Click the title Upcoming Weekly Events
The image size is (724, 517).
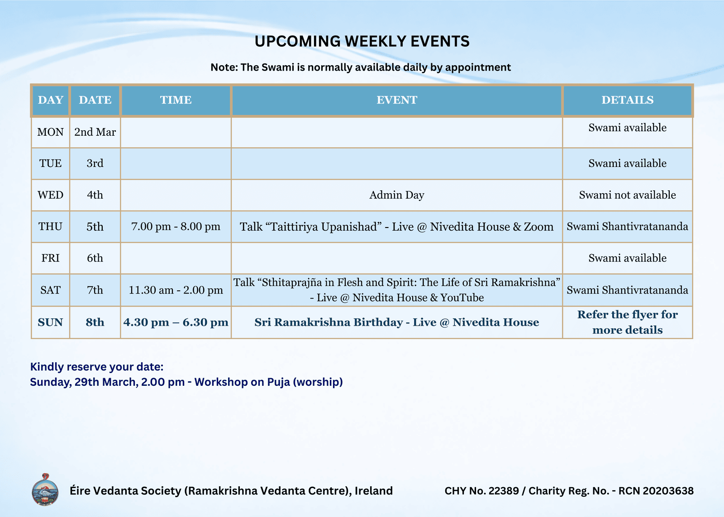[362, 41]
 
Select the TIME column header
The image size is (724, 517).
[176, 100]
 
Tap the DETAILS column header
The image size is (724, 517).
[627, 100]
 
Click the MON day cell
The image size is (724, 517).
[50, 132]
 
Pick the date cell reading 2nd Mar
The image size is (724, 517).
[95, 132]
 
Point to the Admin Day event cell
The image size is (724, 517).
[396, 195]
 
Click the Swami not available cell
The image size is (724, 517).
[627, 195]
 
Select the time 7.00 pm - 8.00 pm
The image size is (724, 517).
[176, 227]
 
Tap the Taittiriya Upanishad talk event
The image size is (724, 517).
[396, 227]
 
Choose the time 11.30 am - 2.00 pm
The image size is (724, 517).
[176, 290]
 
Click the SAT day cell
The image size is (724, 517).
[50, 290]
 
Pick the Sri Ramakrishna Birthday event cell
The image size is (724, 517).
[396, 322]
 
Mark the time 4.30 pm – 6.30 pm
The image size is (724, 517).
[176, 322]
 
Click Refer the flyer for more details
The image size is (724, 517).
[627, 322]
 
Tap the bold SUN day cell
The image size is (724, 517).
[50, 322]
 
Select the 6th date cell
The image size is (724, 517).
[95, 258]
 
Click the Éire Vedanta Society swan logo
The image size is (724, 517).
[45, 490]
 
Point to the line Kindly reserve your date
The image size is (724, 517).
[97, 367]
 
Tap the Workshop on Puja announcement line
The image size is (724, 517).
[186, 382]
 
